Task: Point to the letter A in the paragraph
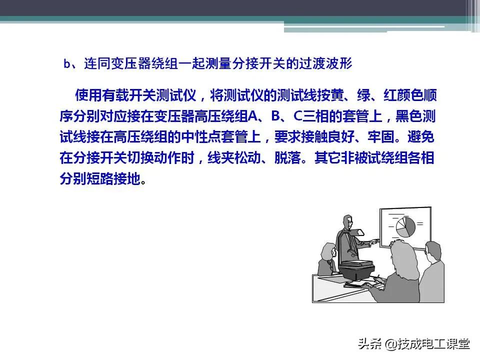coord(252,116)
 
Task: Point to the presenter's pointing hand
coord(374,242)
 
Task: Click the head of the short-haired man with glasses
coord(433,249)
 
